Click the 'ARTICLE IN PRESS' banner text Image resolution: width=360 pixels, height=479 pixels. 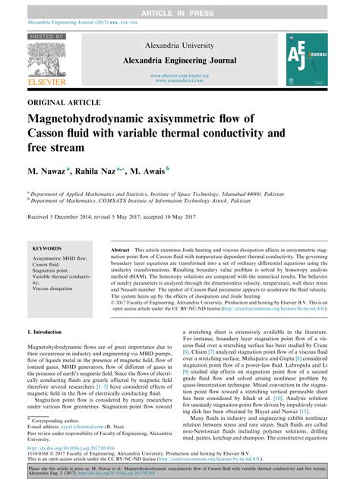click(x=179, y=7)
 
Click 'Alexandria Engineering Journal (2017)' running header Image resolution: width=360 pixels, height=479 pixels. click(x=67, y=24)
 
